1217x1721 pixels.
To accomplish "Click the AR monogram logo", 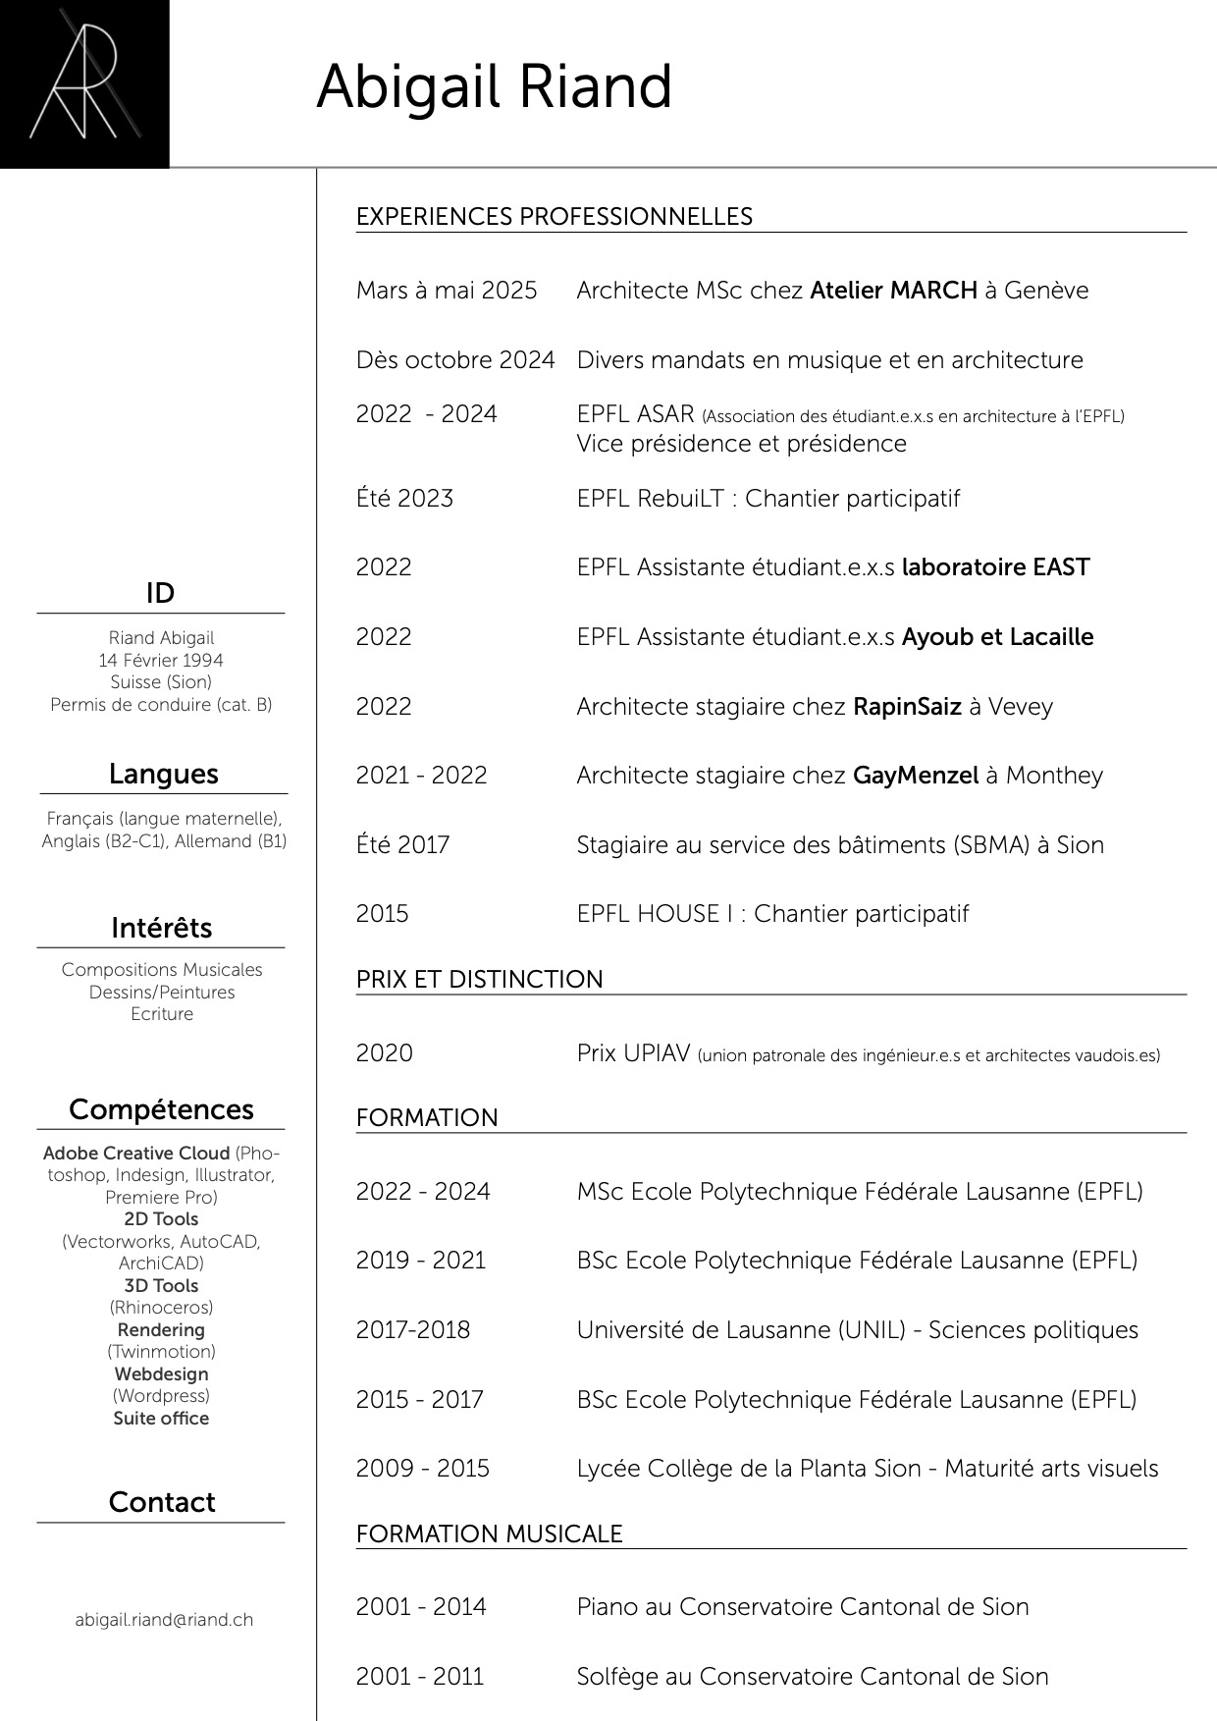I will click(x=83, y=83).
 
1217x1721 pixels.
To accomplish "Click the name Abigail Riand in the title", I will click(x=494, y=87).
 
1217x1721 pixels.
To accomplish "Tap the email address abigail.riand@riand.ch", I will click(x=164, y=1620).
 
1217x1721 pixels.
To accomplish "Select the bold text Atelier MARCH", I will click(x=893, y=291).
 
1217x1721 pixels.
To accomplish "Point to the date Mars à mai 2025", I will click(x=447, y=291).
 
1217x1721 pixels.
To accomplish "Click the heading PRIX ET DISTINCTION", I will click(x=479, y=980).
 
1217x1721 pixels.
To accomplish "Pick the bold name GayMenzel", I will click(x=916, y=776).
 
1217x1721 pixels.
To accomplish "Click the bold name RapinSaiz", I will click(x=907, y=707).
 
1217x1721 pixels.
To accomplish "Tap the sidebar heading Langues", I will click(x=163, y=774).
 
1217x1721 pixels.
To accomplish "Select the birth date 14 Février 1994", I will click(x=161, y=661).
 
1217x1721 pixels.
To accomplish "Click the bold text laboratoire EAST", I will click(x=995, y=567).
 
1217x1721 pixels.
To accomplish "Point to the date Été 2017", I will click(x=402, y=845).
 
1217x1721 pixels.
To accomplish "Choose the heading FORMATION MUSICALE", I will click(x=489, y=1534).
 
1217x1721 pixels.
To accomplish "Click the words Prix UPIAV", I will click(x=633, y=1053).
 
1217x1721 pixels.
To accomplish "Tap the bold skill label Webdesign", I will click(x=161, y=1374).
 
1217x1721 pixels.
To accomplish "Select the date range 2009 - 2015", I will click(x=422, y=1469).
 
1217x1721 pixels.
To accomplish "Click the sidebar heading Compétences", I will click(x=161, y=1109).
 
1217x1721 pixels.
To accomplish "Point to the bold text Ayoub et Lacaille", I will click(x=997, y=637).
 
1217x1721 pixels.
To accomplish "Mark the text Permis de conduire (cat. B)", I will click(x=161, y=705).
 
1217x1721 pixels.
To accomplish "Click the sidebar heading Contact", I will click(x=161, y=1502).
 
